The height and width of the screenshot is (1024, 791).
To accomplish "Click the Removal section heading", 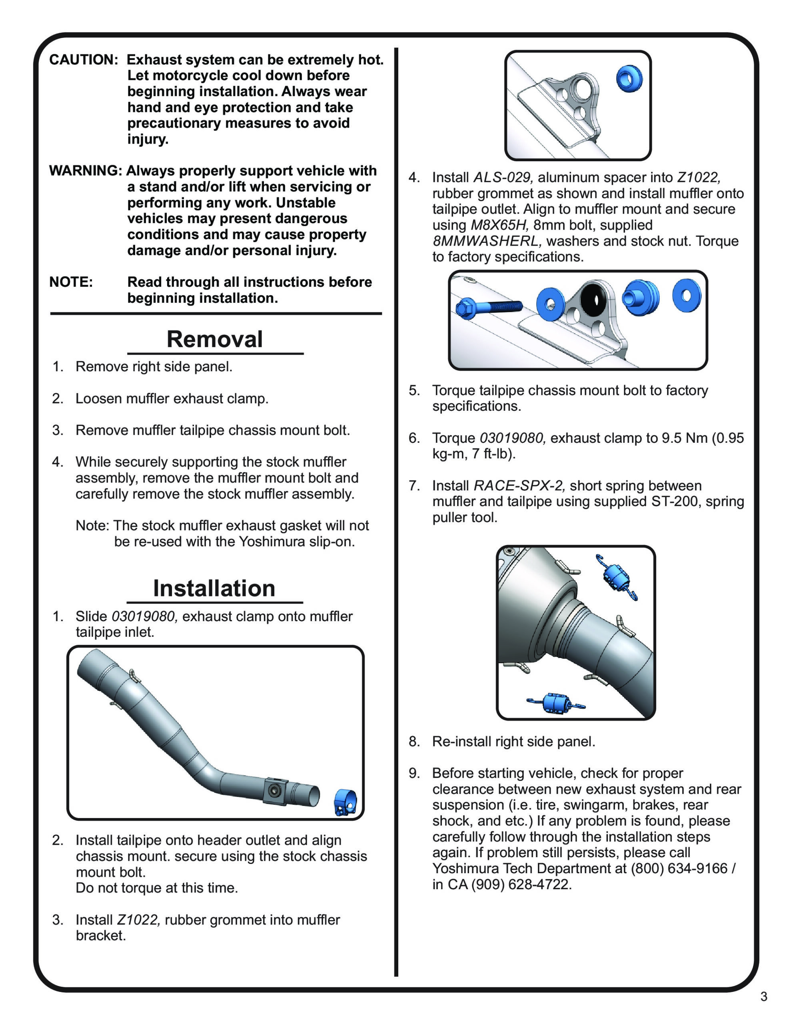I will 214,339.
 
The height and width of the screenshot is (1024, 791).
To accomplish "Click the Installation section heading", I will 214,588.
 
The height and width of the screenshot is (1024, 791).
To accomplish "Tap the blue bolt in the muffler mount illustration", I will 487,307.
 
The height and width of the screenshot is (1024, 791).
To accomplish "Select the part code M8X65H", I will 499,225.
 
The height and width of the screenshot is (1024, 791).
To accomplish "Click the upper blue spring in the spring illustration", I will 617,577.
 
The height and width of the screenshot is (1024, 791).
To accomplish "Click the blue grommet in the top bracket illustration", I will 629,78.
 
